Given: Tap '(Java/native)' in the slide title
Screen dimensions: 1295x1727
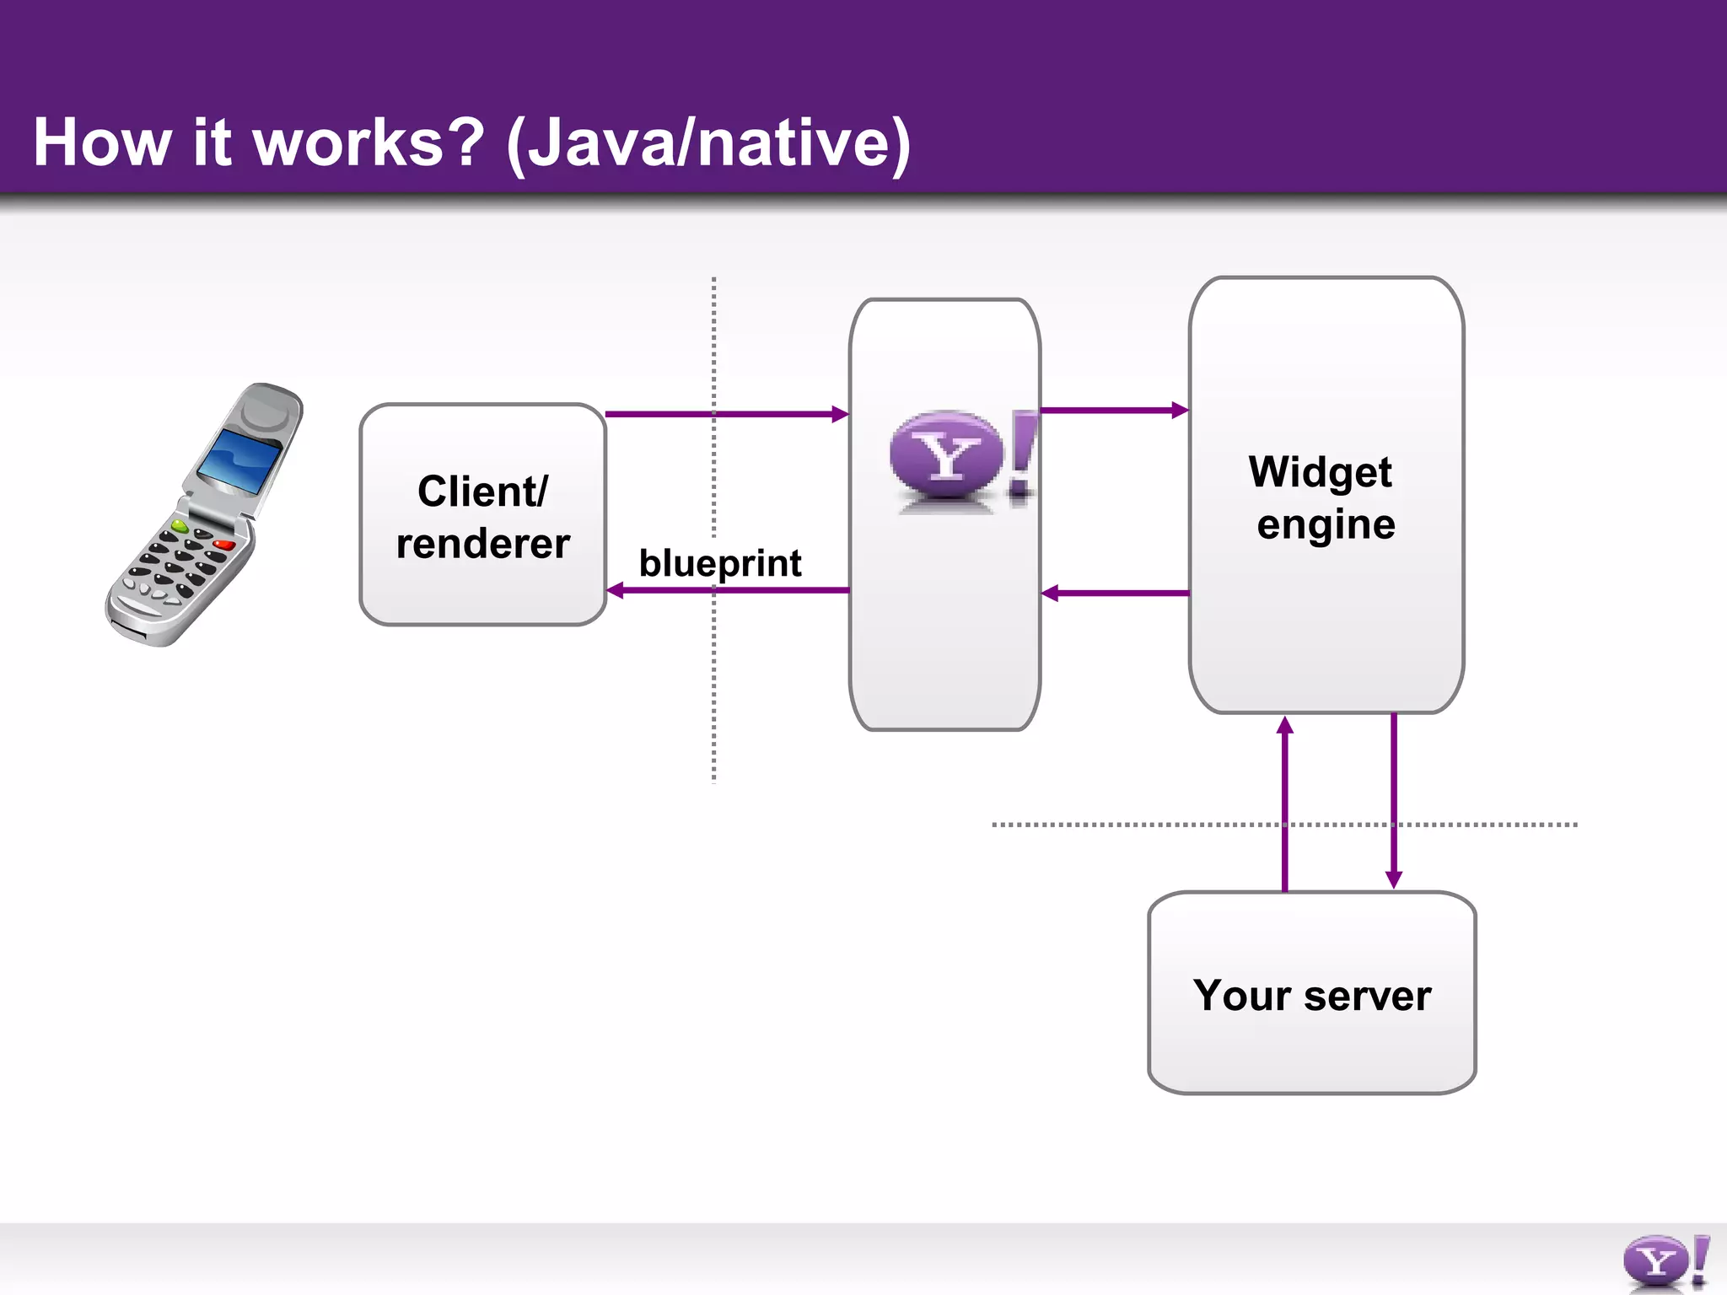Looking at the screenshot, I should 708,143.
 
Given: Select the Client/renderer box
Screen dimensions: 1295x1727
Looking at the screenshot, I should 482,515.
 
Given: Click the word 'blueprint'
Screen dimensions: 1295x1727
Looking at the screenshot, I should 719,563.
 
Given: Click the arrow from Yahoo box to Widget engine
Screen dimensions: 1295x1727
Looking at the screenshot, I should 1113,411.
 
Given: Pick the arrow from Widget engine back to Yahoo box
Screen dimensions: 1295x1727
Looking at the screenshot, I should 1113,594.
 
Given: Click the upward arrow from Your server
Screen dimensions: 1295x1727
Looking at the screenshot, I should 1284,801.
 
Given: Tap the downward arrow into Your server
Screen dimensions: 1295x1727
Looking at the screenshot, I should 1393,801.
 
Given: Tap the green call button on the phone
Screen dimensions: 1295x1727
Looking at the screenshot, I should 179,526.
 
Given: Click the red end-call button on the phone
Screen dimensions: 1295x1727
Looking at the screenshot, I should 224,544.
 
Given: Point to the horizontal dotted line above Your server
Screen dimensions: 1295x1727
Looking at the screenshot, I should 1138,825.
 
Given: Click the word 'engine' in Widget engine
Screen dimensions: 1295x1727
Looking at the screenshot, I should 1326,524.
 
